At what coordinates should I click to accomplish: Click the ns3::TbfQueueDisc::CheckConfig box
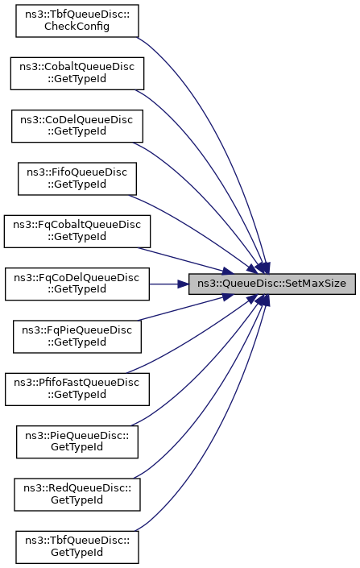[77, 21]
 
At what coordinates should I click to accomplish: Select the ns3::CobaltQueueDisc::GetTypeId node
[77, 73]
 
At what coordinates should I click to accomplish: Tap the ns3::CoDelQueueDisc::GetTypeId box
[77, 126]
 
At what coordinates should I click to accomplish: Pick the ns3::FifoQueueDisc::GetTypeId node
[77, 179]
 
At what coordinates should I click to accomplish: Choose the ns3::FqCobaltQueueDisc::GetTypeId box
[77, 231]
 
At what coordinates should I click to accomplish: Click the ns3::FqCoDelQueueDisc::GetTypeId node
[77, 284]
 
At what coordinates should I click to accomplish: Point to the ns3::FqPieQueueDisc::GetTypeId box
[77, 337]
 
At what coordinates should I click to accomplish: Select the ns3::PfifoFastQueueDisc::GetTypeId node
[77, 389]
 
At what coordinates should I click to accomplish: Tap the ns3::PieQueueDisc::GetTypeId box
[77, 442]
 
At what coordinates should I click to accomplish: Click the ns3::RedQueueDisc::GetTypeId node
[77, 495]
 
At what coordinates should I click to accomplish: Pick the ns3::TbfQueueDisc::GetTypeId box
[77, 547]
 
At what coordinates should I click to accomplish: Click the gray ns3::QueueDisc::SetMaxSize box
[272, 284]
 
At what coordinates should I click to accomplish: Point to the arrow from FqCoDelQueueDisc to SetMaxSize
[169, 284]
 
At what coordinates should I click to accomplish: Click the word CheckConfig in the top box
[77, 27]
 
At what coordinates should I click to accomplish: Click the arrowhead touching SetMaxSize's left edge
[184, 284]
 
